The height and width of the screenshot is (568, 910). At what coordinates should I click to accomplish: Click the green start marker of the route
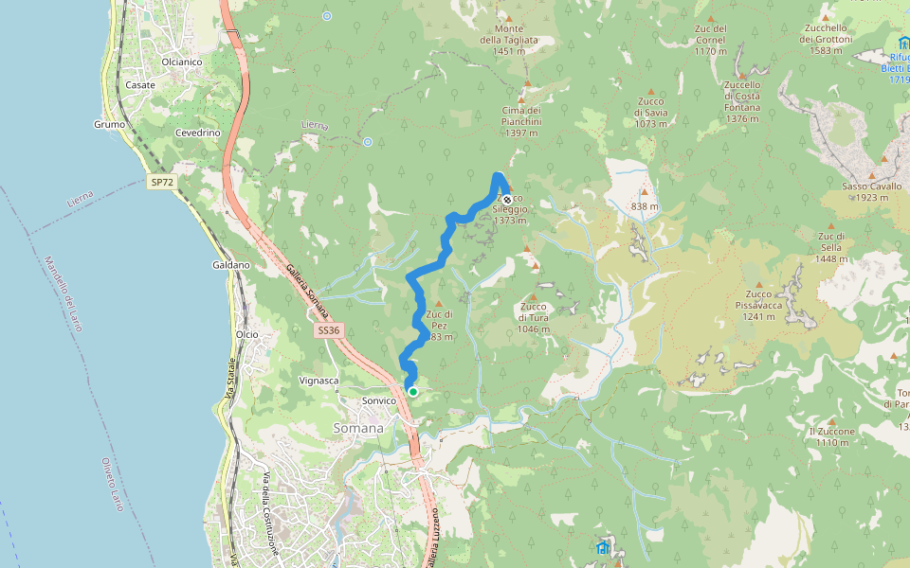[412, 391]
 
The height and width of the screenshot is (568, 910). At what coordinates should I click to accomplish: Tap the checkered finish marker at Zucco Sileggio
[507, 200]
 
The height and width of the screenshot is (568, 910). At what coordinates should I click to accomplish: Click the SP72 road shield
[162, 181]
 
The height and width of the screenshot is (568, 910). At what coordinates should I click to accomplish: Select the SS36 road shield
[328, 330]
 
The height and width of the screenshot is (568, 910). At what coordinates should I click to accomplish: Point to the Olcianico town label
[182, 62]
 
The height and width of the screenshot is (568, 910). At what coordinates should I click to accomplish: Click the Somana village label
[358, 428]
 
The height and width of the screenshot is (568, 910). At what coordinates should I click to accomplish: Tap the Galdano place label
[231, 265]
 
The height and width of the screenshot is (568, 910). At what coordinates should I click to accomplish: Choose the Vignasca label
[318, 381]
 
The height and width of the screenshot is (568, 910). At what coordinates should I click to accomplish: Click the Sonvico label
[379, 400]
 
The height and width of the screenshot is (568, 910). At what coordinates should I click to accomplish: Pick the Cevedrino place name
[197, 133]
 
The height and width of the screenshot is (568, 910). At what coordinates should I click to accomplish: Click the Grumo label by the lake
[110, 124]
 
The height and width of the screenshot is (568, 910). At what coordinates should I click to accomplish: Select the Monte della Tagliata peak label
[508, 40]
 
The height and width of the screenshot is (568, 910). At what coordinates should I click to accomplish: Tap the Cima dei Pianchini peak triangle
[521, 98]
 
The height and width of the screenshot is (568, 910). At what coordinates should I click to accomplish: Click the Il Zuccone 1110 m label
[832, 436]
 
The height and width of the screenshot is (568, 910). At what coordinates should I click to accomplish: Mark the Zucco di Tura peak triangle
[533, 296]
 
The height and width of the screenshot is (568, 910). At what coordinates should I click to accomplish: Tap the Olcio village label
[246, 334]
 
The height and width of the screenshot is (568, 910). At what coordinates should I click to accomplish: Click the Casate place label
[140, 85]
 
